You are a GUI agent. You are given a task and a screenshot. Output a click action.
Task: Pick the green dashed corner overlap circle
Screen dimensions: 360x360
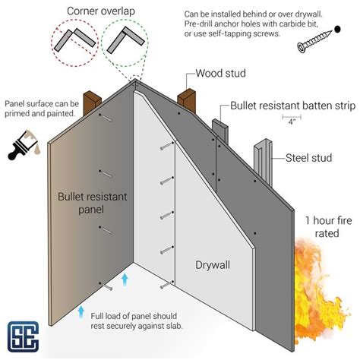tap(127, 40)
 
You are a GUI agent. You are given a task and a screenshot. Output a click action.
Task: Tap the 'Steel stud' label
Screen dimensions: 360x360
tap(307, 158)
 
